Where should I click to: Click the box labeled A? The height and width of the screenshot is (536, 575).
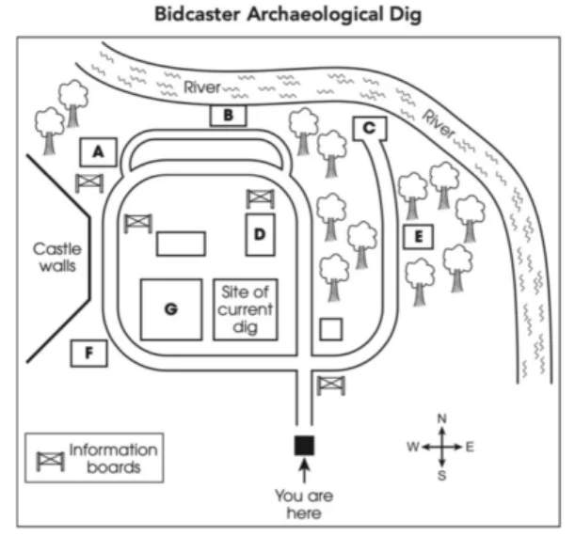(98, 151)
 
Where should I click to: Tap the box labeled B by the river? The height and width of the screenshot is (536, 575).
(227, 116)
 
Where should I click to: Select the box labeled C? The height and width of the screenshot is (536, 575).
(369, 128)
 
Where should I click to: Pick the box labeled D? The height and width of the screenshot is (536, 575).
(260, 233)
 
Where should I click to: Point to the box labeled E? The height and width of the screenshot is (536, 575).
(417, 236)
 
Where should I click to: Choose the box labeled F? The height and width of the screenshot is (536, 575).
(88, 353)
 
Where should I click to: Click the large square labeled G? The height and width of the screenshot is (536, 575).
(170, 308)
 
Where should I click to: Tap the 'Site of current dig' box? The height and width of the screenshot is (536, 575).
(246, 308)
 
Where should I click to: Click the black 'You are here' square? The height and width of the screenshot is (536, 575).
(304, 446)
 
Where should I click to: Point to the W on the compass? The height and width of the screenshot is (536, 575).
(412, 447)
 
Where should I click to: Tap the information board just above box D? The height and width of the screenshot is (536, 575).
(260, 197)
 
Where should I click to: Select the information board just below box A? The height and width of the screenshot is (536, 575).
(88, 181)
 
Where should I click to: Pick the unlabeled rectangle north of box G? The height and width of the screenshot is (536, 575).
(181, 243)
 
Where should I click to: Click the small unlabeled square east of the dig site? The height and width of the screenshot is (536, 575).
(330, 329)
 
